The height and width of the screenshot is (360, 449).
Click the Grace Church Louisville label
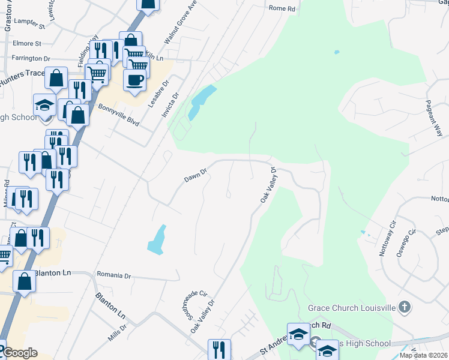[x=351, y=308]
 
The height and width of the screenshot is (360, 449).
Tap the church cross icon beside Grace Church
[x=405, y=308]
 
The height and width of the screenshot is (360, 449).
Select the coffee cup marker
[x=134, y=81]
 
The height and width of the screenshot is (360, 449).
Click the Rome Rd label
[x=282, y=8]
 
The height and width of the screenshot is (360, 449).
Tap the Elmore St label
[x=29, y=44]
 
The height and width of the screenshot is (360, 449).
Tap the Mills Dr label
[x=117, y=334]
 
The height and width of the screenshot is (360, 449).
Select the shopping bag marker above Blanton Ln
[x=25, y=281]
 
